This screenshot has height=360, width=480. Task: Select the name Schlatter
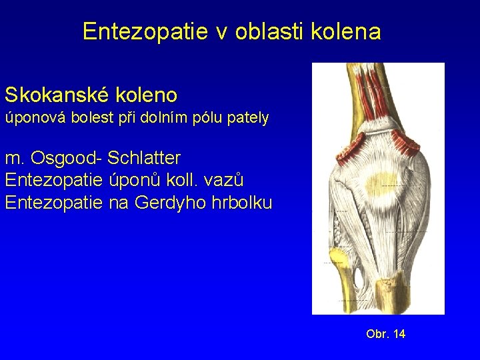tap(144, 159)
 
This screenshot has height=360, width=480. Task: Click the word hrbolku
tap(240, 202)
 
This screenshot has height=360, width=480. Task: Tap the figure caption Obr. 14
tap(385, 333)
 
